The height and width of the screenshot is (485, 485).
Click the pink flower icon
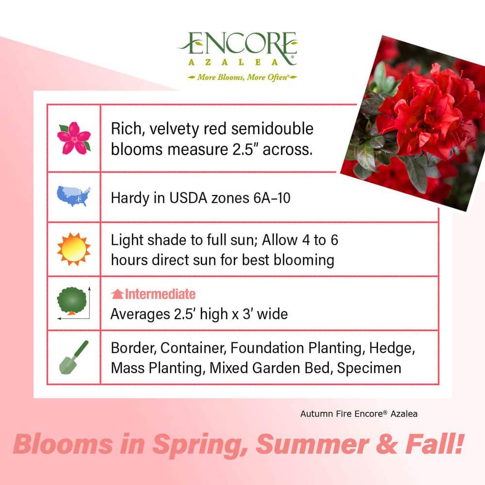pyautogui.click(x=74, y=138)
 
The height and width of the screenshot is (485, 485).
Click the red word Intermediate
pyautogui.click(x=160, y=294)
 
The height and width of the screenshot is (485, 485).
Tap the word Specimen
pyautogui.click(x=369, y=368)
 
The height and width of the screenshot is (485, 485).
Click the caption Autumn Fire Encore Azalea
pyautogui.click(x=358, y=414)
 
